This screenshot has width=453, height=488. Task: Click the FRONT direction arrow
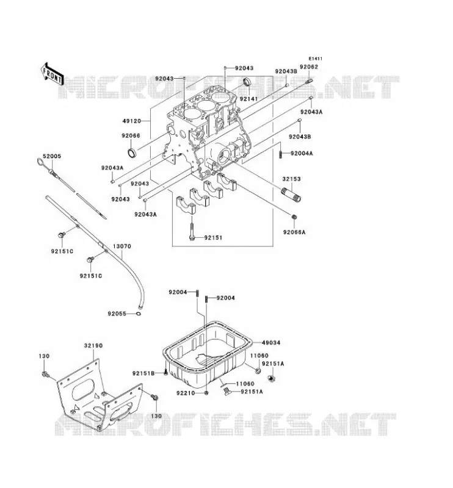(x=53, y=74)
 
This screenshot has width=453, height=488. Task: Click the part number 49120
(x=132, y=121)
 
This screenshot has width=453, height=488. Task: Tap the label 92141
(x=248, y=99)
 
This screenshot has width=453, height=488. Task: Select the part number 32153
(x=292, y=179)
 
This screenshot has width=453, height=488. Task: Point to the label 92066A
(x=294, y=232)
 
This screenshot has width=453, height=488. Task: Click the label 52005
(x=52, y=156)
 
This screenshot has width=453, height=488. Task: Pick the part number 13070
(x=122, y=246)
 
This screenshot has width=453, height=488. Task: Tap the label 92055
(x=117, y=314)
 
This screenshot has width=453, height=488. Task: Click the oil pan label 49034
(x=271, y=343)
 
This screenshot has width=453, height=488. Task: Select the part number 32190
(x=93, y=345)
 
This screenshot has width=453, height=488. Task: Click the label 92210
(x=186, y=393)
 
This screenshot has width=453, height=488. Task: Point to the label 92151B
(x=143, y=373)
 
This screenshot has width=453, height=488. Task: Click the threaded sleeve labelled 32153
(x=291, y=195)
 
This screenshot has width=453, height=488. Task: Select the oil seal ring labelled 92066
(x=132, y=152)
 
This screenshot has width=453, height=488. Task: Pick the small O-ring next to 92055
(x=139, y=314)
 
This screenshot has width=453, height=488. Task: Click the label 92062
(x=309, y=66)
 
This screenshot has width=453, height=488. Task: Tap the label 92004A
(x=302, y=154)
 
